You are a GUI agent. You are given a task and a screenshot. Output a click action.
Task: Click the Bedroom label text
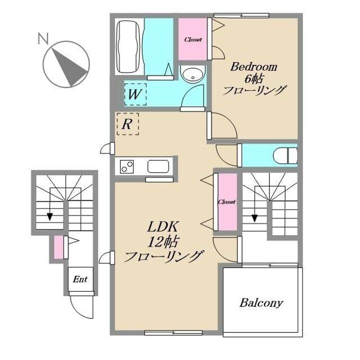253,67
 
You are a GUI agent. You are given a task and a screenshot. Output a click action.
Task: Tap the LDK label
162,227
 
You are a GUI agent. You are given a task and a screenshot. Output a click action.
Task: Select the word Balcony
261,303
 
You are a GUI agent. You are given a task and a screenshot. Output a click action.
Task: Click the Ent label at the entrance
80,279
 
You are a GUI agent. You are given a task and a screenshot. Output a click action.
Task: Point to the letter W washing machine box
135,94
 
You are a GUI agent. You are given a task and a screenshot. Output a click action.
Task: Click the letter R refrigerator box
127,124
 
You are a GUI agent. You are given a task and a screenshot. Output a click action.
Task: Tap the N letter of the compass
43,38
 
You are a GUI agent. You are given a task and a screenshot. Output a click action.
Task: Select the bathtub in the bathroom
128,47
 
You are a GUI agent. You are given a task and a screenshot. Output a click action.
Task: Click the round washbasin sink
192,74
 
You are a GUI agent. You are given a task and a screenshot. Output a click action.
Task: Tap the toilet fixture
285,155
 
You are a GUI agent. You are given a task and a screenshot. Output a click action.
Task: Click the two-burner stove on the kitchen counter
126,166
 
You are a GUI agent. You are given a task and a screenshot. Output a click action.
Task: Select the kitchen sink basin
158,166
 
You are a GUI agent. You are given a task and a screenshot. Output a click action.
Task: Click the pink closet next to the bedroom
192,39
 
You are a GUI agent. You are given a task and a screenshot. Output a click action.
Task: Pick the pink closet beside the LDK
227,201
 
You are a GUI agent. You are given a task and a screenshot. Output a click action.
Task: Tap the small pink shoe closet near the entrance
58,247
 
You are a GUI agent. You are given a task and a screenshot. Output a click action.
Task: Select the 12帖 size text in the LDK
163,241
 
